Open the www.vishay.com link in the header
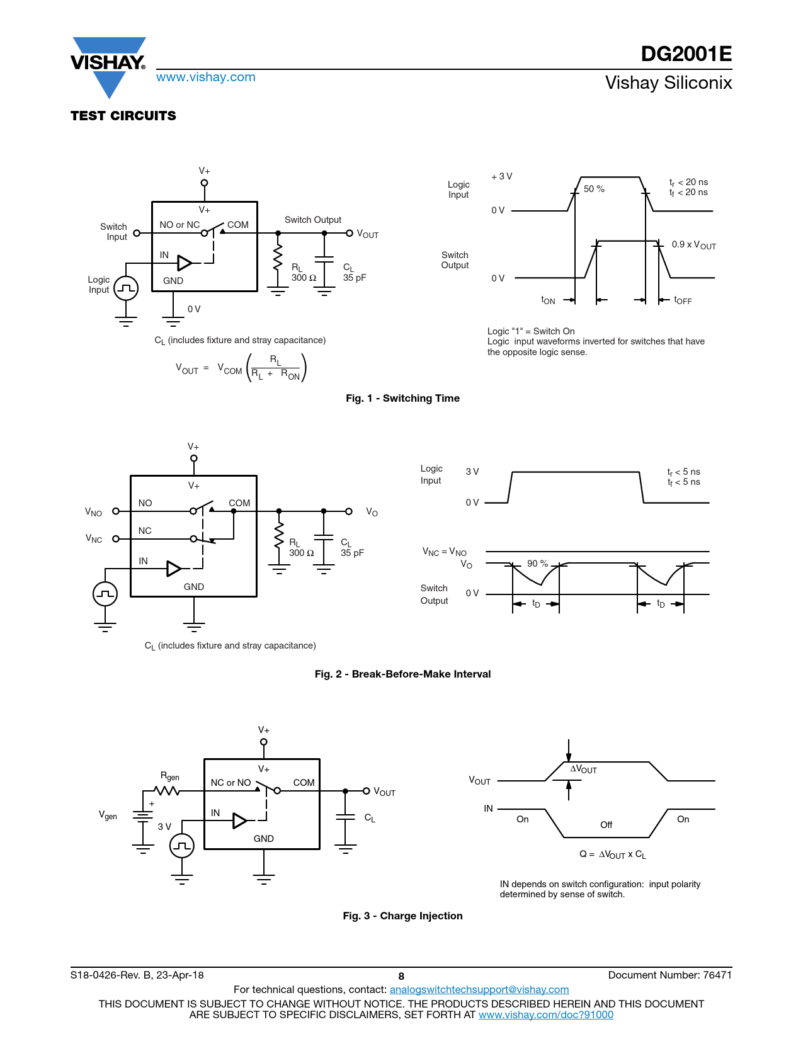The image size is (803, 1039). pyautogui.click(x=206, y=77)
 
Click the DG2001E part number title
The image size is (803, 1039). pyautogui.click(x=686, y=54)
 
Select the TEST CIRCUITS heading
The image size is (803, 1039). pyautogui.click(x=123, y=116)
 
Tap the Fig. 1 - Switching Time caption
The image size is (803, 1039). pyautogui.click(x=402, y=398)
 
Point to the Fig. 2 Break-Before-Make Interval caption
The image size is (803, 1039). pyautogui.click(x=402, y=674)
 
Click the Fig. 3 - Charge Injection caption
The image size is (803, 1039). pyautogui.click(x=402, y=915)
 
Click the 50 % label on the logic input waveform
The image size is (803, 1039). pyautogui.click(x=593, y=189)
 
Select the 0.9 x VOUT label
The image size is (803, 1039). pyautogui.click(x=693, y=245)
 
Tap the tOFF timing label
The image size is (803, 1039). pyautogui.click(x=683, y=300)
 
